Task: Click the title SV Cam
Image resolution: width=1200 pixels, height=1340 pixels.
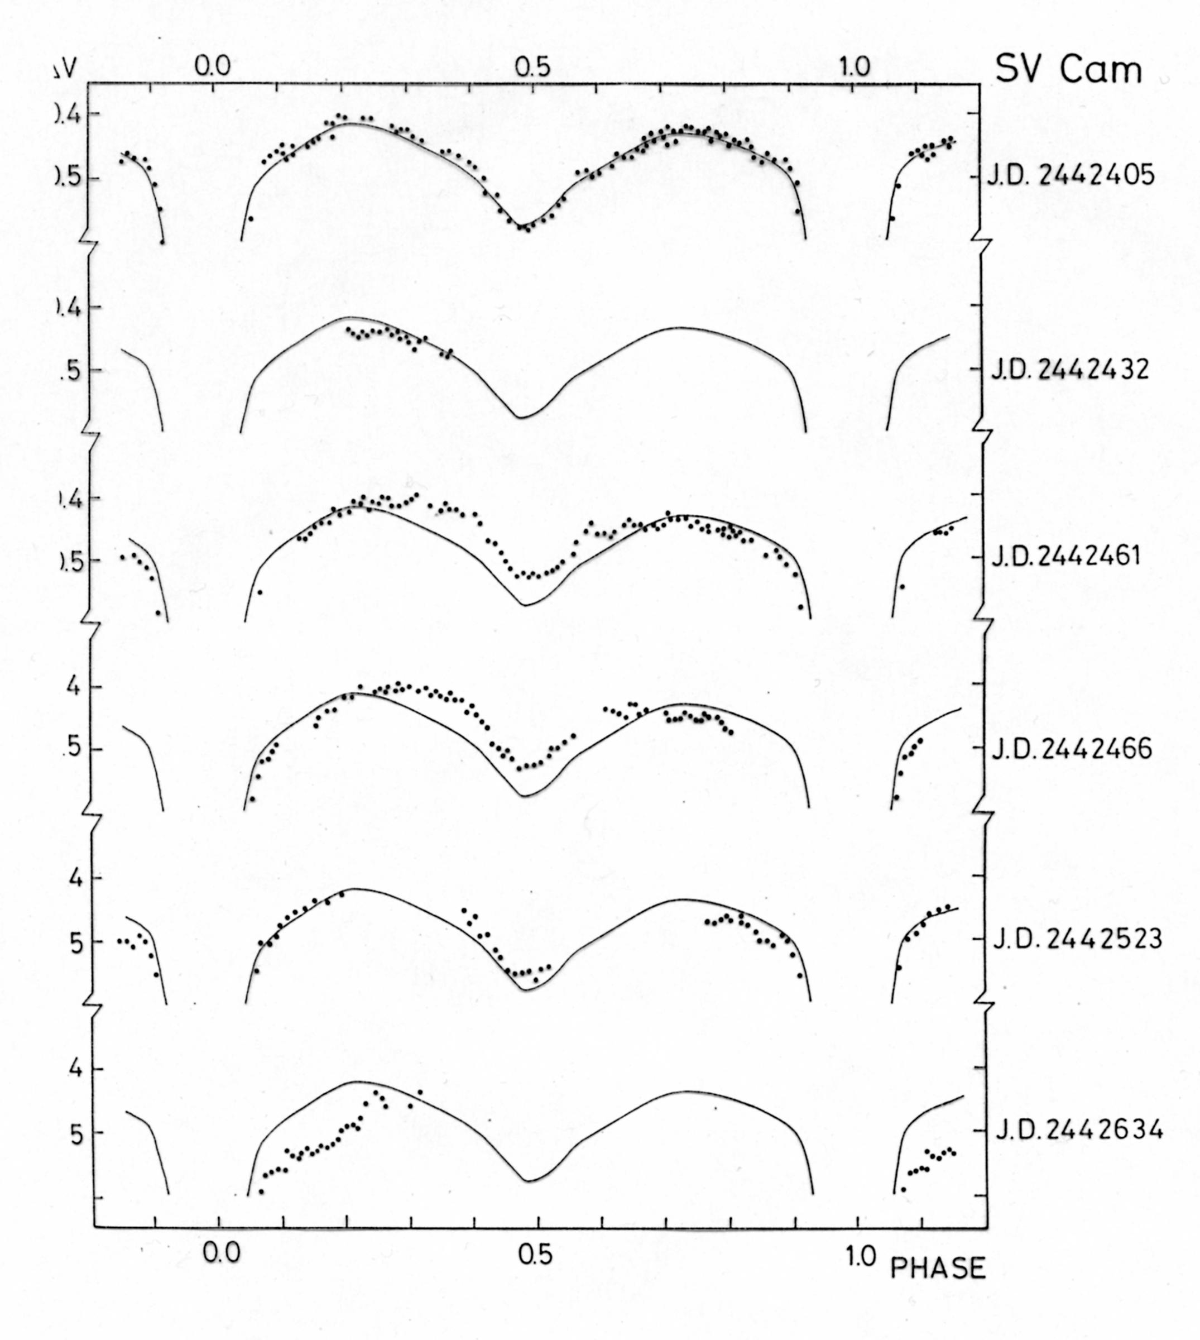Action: point(1068,69)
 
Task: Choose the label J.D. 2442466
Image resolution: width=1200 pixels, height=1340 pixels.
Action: point(1072,750)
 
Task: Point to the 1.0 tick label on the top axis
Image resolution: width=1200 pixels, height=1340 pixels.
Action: point(855,66)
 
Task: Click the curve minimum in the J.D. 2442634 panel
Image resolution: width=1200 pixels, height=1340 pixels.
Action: point(528,1180)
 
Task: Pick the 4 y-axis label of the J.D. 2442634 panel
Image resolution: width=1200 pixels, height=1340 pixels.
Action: point(76,1069)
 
